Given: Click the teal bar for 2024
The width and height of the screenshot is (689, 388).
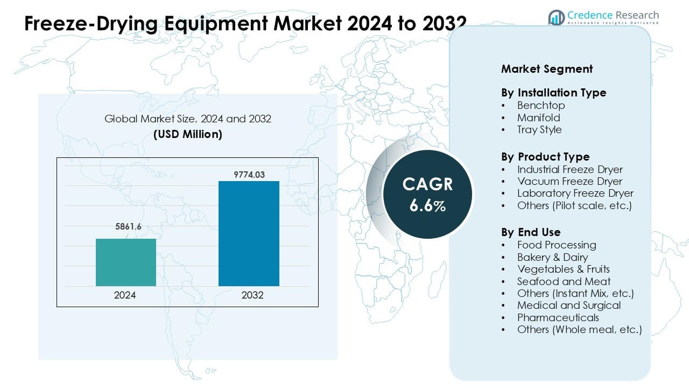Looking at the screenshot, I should point(126,262).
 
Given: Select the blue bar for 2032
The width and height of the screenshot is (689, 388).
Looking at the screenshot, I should point(249,233).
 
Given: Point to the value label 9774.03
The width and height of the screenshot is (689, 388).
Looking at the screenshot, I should point(249,174).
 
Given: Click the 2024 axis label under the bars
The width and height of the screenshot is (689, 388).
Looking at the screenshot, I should point(125,296).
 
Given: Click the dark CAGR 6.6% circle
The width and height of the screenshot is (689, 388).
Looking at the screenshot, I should point(427,195).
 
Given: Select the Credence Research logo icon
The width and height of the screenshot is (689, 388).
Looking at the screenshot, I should point(556,17).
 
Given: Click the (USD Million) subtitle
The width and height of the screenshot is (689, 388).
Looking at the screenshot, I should point(188,134).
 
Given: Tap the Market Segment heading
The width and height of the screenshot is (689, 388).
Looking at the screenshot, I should point(547,69).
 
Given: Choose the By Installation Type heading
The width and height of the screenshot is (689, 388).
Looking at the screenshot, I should point(553,93).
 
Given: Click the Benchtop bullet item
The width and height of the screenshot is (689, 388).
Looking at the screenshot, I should point(541,105).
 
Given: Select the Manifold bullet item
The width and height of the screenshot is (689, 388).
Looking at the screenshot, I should point(538,117).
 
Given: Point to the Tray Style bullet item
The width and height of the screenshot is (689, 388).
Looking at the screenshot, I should point(539,129).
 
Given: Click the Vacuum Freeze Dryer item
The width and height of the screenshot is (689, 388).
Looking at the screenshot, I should point(570,181).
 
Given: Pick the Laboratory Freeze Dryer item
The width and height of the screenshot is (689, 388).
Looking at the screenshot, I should point(575,193).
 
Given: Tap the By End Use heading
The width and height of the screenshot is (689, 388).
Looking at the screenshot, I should point(531,232).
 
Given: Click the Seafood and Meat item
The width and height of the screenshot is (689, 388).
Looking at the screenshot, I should point(564,281).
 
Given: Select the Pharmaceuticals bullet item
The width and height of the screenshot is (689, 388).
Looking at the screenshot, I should point(558,317).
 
